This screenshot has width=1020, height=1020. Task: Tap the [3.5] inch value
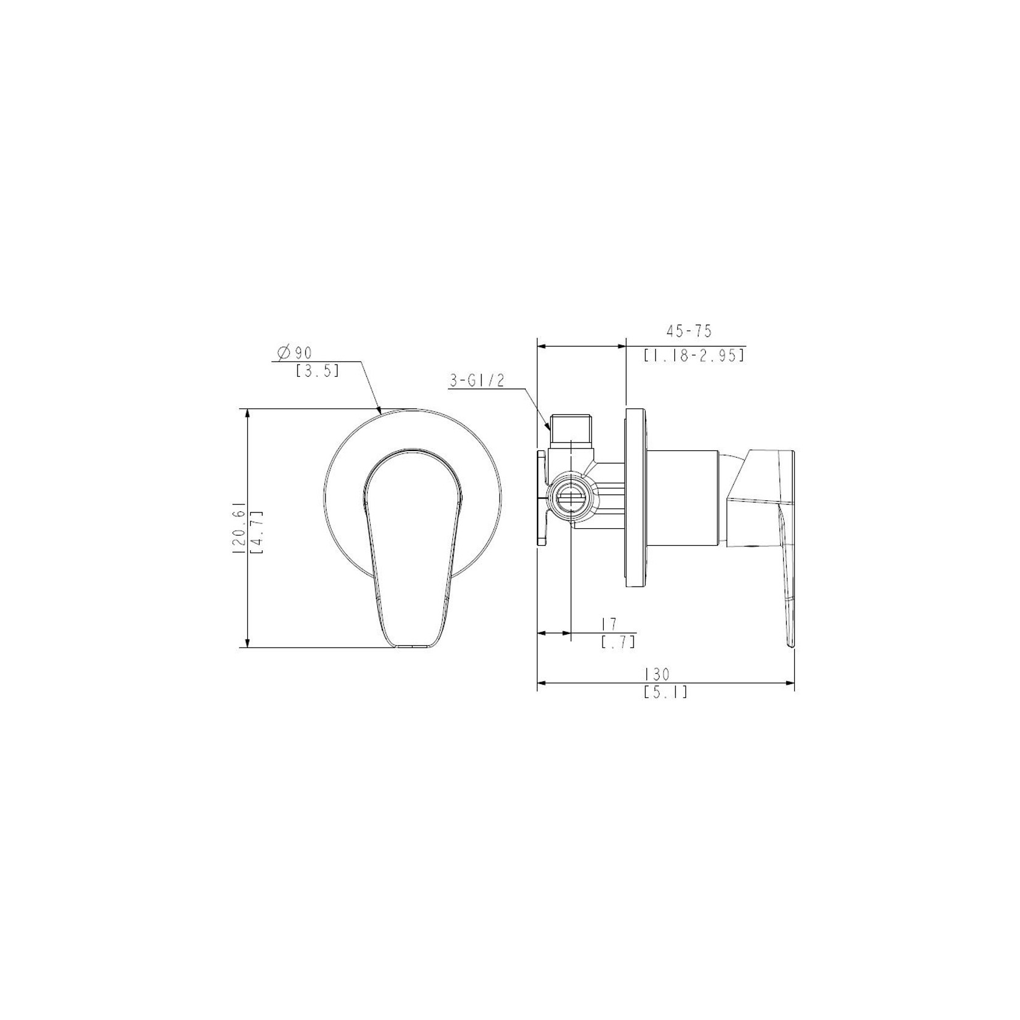pyautogui.click(x=316, y=371)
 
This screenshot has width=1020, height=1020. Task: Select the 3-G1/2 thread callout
pyautogui.click(x=477, y=381)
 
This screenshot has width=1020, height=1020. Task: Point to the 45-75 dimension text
pyautogui.click(x=688, y=331)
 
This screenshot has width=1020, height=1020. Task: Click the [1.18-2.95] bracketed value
pyautogui.click(x=694, y=355)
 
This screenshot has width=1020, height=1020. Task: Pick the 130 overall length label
pyautogui.click(x=657, y=674)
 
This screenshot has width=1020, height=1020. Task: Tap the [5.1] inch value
pyautogui.click(x=665, y=692)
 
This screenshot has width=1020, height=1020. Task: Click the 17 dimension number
pyautogui.click(x=609, y=624)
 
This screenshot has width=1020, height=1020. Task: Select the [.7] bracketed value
pyautogui.click(x=618, y=642)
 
